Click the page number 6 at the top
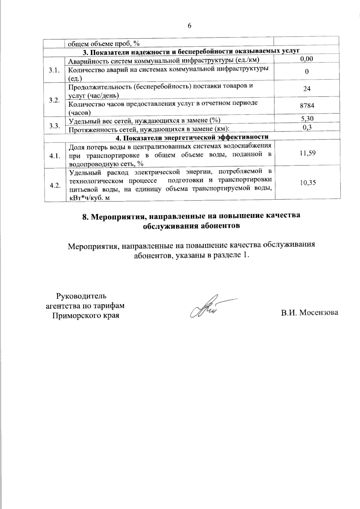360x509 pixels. pyautogui.click(x=189, y=25)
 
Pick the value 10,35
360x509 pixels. pyautogui.click(x=308, y=182)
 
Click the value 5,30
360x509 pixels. pyautogui.click(x=307, y=119)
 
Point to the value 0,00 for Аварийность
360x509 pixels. pyautogui.click(x=307, y=59)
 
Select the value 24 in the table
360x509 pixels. pyautogui.click(x=307, y=89)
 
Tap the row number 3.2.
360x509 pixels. pyautogui.click(x=55, y=100)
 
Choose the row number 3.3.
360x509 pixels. pyautogui.click(x=55, y=126)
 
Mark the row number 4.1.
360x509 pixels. pyautogui.click(x=55, y=156)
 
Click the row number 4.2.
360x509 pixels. pyautogui.click(x=55, y=185)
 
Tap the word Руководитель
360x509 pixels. pyautogui.click(x=81, y=296)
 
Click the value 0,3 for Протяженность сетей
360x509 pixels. pyautogui.click(x=307, y=127)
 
